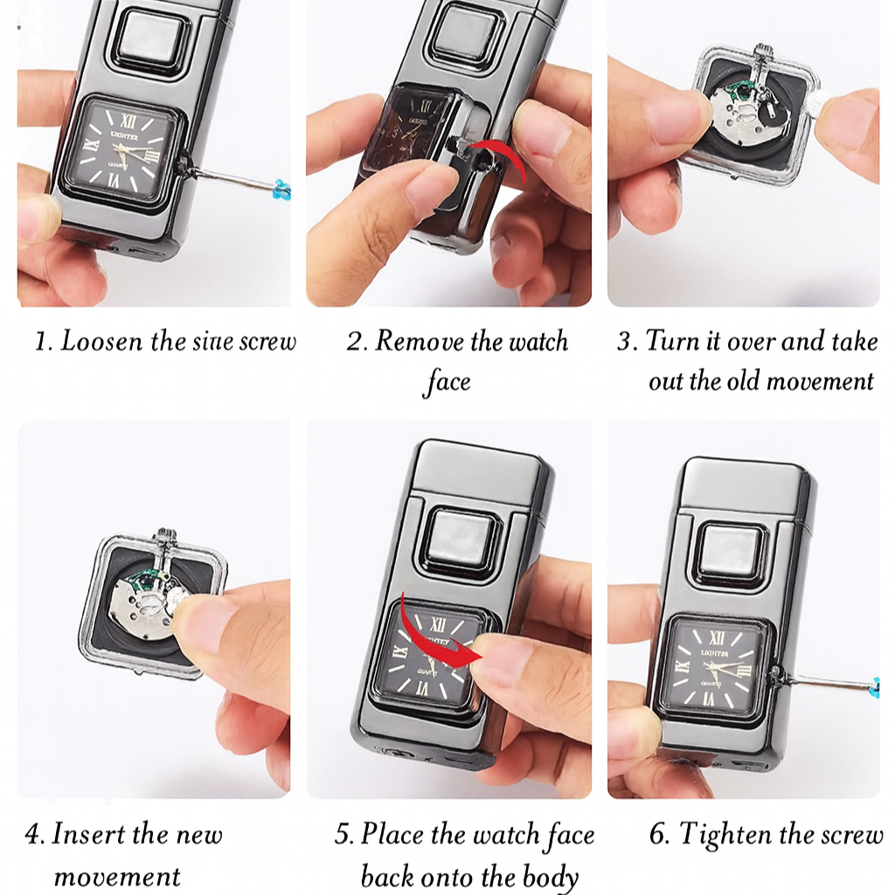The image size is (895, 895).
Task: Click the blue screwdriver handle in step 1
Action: (281, 186)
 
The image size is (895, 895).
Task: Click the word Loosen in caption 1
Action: (102, 341)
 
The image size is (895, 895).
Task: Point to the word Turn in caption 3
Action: (671, 341)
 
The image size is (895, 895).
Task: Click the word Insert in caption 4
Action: (89, 834)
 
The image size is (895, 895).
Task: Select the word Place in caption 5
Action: (391, 834)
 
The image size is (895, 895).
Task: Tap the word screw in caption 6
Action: (851, 834)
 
